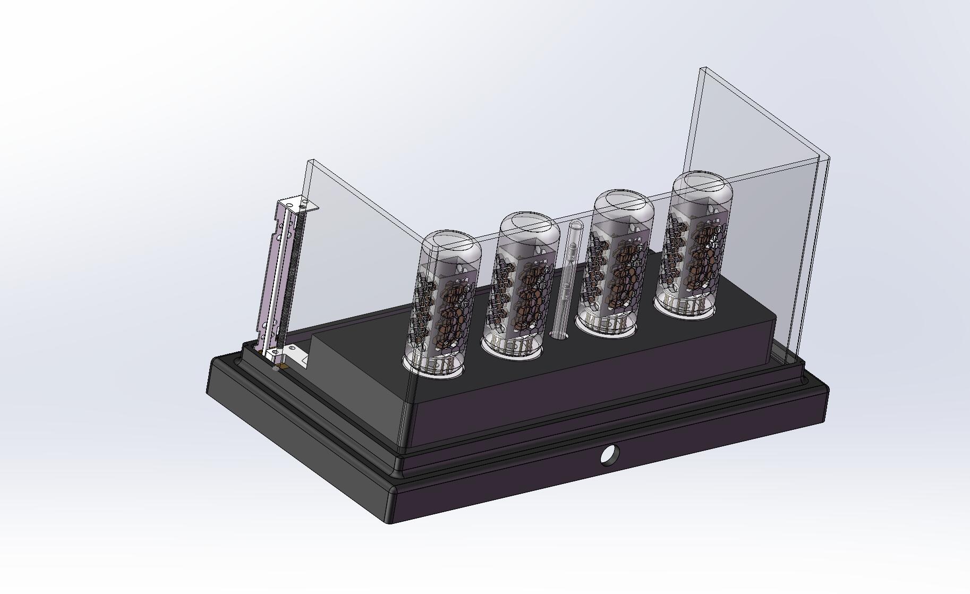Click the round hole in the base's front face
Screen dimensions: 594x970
[x=609, y=454]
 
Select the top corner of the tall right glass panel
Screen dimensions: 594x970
[x=704, y=70]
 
